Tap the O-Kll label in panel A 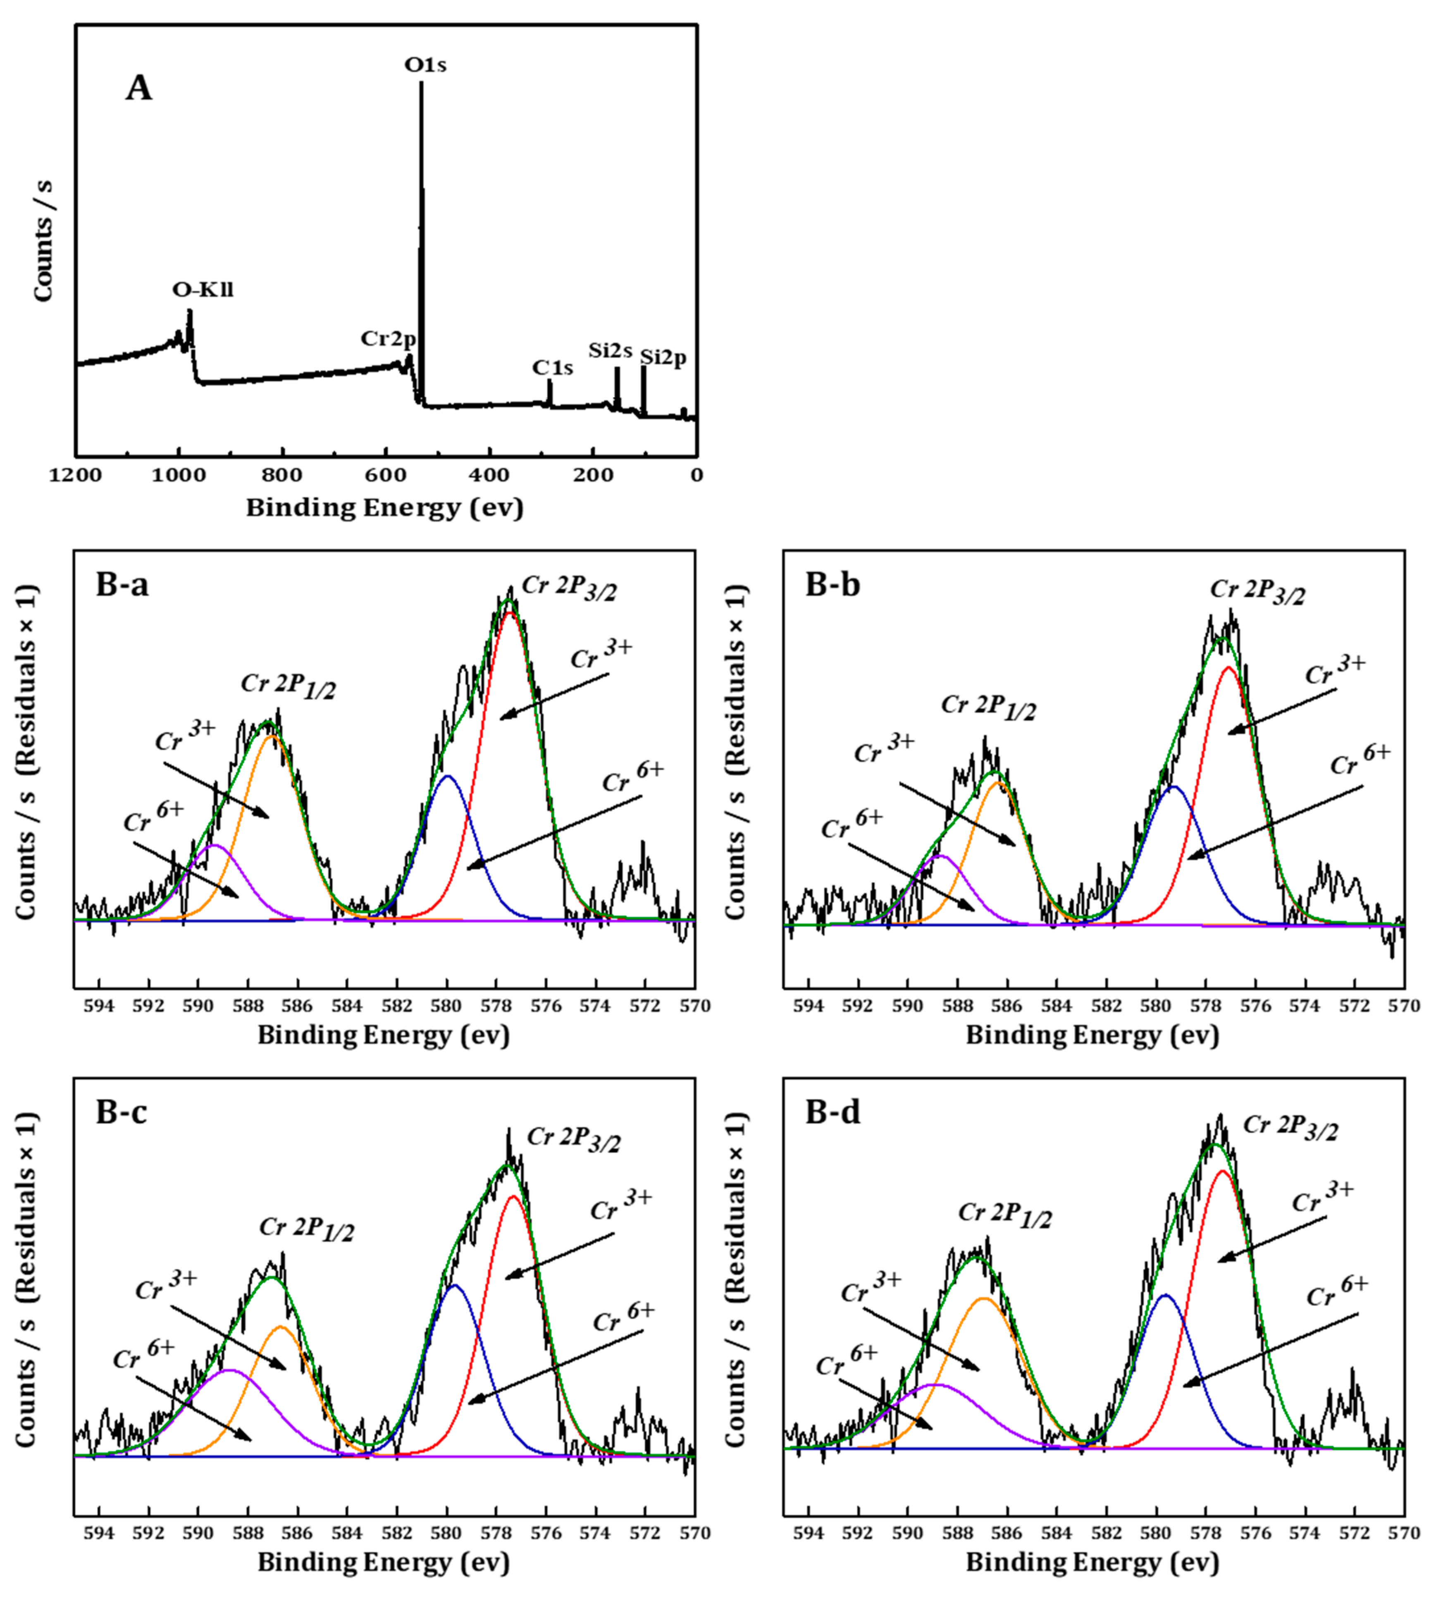[203, 290]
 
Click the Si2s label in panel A [610, 350]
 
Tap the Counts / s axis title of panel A [43, 240]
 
